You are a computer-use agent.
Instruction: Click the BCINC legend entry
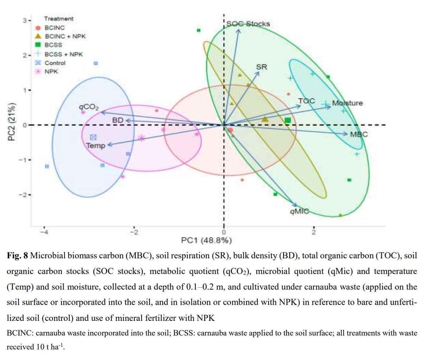(x=54, y=28)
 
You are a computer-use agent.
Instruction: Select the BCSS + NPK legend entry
(x=64, y=54)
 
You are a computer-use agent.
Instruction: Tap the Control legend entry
(x=55, y=63)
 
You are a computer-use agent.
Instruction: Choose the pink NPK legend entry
(x=51, y=71)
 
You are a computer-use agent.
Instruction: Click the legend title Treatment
(x=58, y=19)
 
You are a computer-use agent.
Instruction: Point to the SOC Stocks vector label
(x=248, y=24)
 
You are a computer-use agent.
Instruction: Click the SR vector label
(x=261, y=67)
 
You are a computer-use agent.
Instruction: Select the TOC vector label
(x=307, y=101)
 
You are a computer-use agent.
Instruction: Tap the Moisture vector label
(x=347, y=103)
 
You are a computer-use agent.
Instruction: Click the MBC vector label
(x=359, y=134)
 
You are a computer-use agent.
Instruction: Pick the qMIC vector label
(x=299, y=211)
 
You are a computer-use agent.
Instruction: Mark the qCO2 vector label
(x=89, y=107)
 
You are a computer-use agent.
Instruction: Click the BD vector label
(x=118, y=120)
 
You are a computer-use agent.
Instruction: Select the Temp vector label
(x=96, y=145)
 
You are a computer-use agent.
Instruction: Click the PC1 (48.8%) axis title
(x=207, y=241)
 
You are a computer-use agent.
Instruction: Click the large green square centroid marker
(x=288, y=120)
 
